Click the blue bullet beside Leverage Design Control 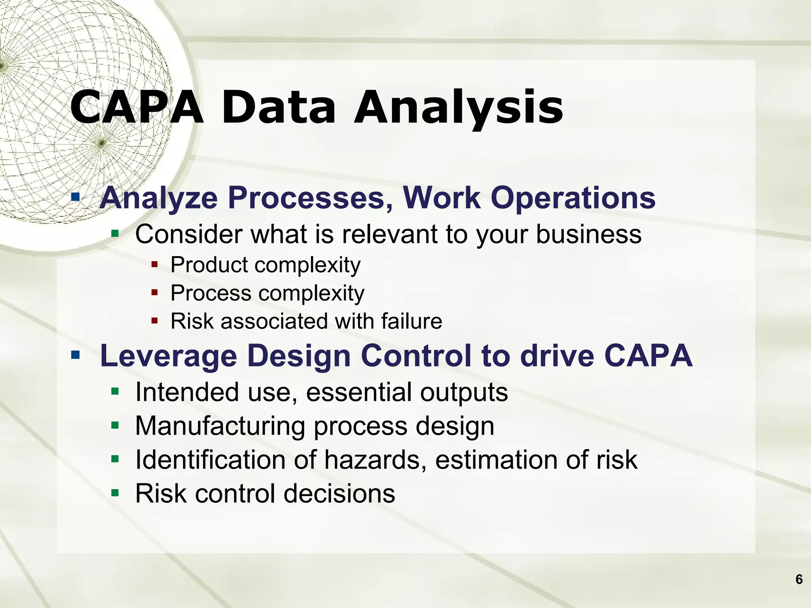[75, 355]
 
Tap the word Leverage [168, 356]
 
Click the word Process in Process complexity [211, 293]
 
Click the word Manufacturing [220, 426]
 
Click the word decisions [339, 494]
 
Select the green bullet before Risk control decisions [115, 493]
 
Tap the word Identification [210, 460]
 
